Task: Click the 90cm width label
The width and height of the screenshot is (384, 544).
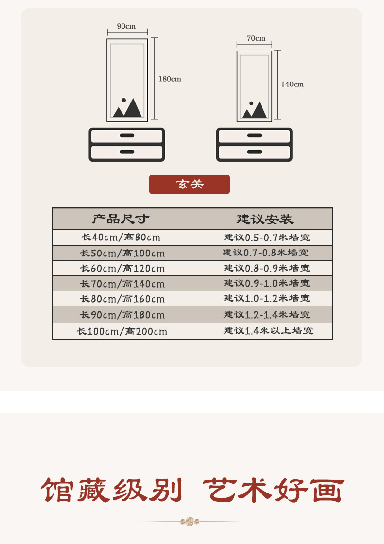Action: coord(126,26)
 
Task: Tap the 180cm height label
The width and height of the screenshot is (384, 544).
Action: coord(170,79)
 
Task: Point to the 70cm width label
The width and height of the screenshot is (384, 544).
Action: coord(256,38)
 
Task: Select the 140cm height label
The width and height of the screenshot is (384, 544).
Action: coord(292,84)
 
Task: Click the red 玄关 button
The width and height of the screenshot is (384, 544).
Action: coord(189,185)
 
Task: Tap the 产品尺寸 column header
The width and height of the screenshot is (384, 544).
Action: coord(121,219)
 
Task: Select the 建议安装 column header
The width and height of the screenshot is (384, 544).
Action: coord(265,219)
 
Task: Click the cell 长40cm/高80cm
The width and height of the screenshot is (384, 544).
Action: coord(121,238)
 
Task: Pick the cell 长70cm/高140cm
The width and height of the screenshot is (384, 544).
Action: coord(122,284)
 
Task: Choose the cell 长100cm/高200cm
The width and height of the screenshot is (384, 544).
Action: coord(122,332)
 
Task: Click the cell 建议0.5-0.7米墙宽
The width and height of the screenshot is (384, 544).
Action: coord(267,238)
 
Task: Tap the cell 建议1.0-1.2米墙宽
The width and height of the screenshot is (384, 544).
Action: coord(267,299)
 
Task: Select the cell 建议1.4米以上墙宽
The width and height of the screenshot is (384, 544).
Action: coord(268,331)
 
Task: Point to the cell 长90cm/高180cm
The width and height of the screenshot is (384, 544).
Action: coord(122,315)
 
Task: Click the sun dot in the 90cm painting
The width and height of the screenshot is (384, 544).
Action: coord(123,101)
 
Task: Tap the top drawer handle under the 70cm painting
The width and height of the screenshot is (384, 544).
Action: coord(254,136)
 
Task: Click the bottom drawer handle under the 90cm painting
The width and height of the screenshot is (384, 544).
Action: coord(127,152)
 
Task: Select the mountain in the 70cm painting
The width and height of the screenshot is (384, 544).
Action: coord(256,111)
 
